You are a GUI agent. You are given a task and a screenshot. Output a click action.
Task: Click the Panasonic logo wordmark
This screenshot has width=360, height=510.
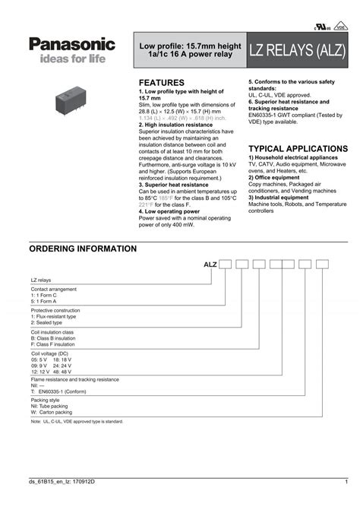(73, 45)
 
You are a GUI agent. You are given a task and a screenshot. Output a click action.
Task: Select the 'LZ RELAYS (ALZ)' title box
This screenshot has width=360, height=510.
(298, 52)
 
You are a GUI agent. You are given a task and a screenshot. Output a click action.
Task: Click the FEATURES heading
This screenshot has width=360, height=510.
(162, 82)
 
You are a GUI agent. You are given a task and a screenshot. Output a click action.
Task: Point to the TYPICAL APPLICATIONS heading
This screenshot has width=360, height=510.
(298, 148)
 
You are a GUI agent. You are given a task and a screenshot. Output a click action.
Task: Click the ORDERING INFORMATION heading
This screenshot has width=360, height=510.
(83, 249)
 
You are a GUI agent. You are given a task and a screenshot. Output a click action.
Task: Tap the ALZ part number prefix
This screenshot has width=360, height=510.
(210, 264)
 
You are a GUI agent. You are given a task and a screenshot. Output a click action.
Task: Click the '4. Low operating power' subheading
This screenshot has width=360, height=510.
(169, 211)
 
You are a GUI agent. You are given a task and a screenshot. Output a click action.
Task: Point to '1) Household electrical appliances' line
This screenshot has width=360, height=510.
(292, 157)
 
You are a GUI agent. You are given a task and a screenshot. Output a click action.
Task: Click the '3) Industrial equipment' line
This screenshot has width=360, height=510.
(279, 198)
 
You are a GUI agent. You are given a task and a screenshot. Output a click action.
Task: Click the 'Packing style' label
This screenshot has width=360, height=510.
(45, 400)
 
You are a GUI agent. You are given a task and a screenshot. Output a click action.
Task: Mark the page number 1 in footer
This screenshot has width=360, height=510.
(345, 483)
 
